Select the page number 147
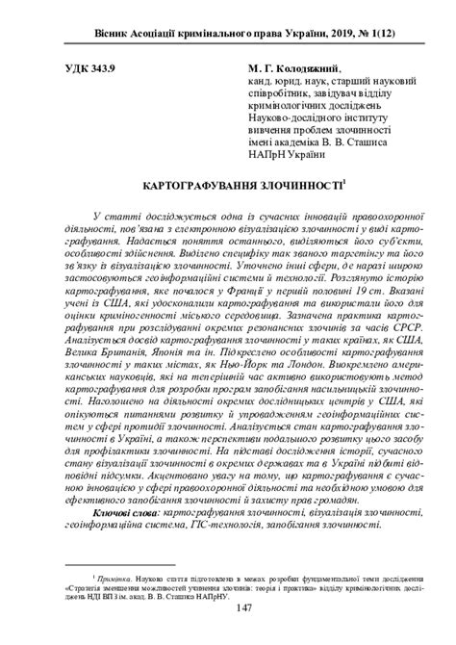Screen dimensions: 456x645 coord(228,607)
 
